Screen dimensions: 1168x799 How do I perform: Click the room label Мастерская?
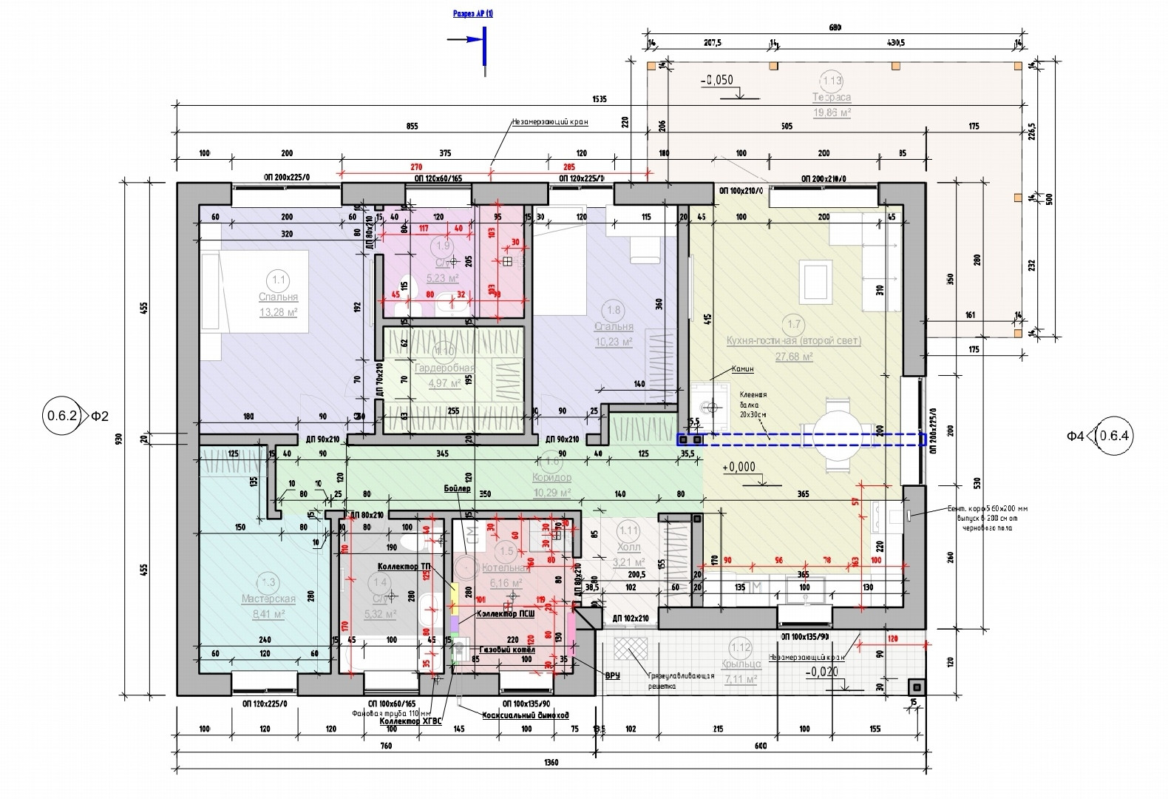click(268, 599)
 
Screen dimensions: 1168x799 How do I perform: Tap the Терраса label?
click(832, 98)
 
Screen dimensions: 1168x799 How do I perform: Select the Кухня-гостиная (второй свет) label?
click(794, 341)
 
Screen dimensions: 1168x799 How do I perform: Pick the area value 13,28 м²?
click(278, 313)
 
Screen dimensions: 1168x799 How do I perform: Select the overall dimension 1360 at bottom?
click(551, 763)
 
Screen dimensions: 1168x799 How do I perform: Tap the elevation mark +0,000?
click(740, 467)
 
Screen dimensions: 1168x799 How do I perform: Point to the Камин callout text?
click(742, 368)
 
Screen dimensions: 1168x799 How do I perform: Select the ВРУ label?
click(612, 675)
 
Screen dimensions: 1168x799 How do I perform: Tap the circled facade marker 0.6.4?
click(1114, 436)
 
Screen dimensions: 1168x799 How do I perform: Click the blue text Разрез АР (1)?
click(473, 13)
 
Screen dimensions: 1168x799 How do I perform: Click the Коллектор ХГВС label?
click(410, 721)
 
